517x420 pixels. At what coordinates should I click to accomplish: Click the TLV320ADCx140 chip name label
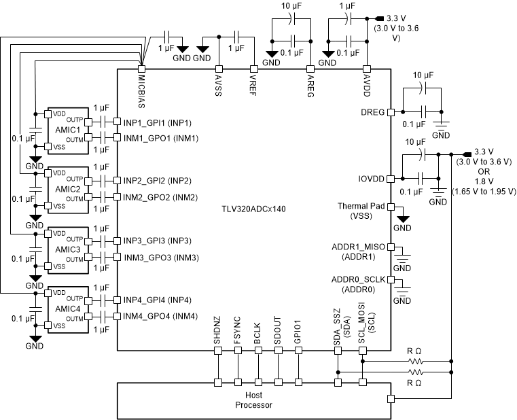(x=252, y=210)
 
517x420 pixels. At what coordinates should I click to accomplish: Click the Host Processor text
(x=253, y=400)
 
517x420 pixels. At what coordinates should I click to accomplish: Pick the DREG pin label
(x=373, y=111)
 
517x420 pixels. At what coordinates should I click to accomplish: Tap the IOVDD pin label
(x=371, y=179)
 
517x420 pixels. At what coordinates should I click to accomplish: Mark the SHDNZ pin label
(x=218, y=332)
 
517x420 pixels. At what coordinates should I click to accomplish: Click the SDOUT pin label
(x=277, y=332)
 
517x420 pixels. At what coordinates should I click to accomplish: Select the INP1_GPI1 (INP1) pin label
(x=157, y=122)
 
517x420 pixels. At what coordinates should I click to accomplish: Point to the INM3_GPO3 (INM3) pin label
(x=160, y=258)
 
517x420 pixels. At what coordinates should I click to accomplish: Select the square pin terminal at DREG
(x=391, y=112)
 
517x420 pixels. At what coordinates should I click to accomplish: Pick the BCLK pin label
(x=257, y=333)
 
